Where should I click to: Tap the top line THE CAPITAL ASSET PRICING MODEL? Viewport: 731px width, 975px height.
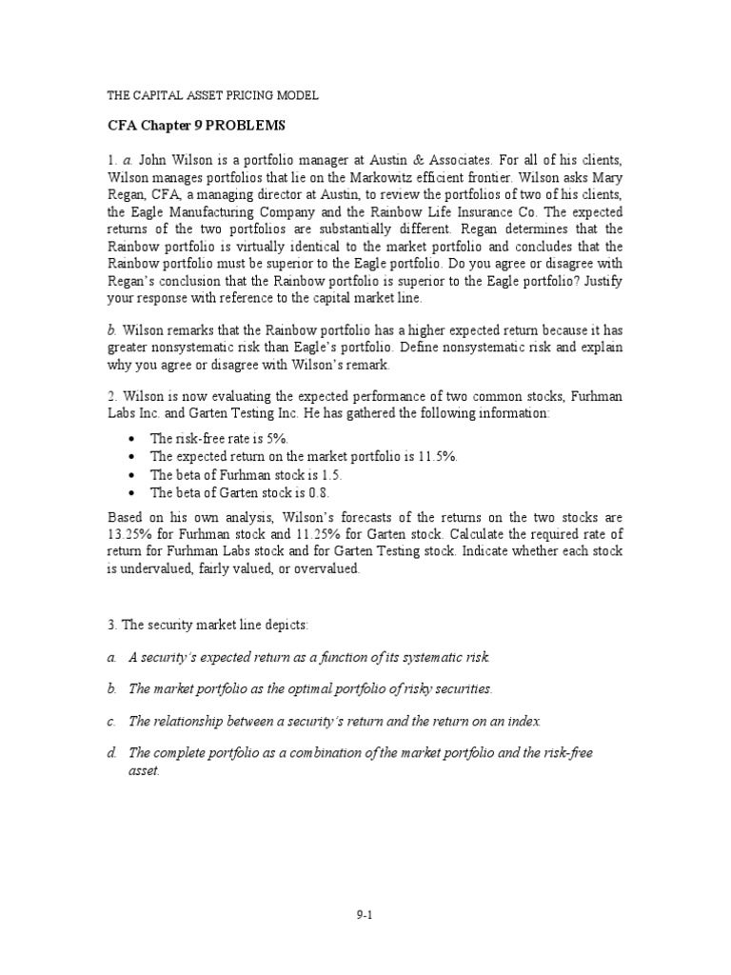coord(210,96)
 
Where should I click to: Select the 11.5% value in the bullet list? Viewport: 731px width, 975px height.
coord(439,456)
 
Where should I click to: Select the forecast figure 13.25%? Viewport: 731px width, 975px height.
coord(128,533)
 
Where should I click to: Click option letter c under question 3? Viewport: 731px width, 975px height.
coord(110,721)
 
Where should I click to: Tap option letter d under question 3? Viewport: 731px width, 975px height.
coord(110,753)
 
